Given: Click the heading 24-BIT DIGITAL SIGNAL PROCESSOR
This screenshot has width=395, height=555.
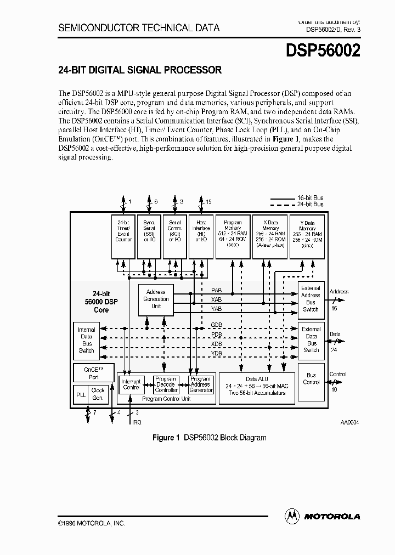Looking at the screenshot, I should pos(140,70).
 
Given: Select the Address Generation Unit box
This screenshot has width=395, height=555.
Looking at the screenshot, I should pos(156,299).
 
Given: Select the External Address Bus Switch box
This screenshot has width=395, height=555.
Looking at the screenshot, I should pos(311,299).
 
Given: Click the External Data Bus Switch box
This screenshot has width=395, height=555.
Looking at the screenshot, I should pos(311,340).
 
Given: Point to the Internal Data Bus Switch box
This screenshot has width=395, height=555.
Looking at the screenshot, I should pos(86,340).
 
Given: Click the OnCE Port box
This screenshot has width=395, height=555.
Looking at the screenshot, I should pos(93,373).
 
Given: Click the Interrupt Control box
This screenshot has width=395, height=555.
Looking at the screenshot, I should pos(131,384).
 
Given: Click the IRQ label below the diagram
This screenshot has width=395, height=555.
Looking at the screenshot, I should pos(137,422).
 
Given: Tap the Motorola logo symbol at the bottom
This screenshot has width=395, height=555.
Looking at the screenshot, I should pos(292,516).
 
